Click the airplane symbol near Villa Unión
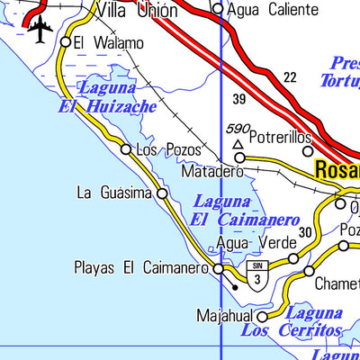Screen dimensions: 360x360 (x=40, y=30)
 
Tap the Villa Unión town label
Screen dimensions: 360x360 (x=135, y=10)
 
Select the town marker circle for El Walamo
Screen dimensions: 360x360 (x=66, y=41)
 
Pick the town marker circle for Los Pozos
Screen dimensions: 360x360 (x=126, y=149)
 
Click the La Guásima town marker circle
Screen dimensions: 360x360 (x=162, y=193)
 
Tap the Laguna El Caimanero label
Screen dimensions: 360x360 (x=245, y=211)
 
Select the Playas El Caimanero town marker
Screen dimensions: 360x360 (x=218, y=268)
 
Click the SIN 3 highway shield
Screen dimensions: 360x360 (x=259, y=277)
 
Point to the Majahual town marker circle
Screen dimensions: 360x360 (x=262, y=317)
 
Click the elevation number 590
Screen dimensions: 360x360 (x=238, y=130)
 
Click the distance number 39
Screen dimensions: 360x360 (x=238, y=99)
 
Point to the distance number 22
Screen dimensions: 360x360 (x=289, y=78)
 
